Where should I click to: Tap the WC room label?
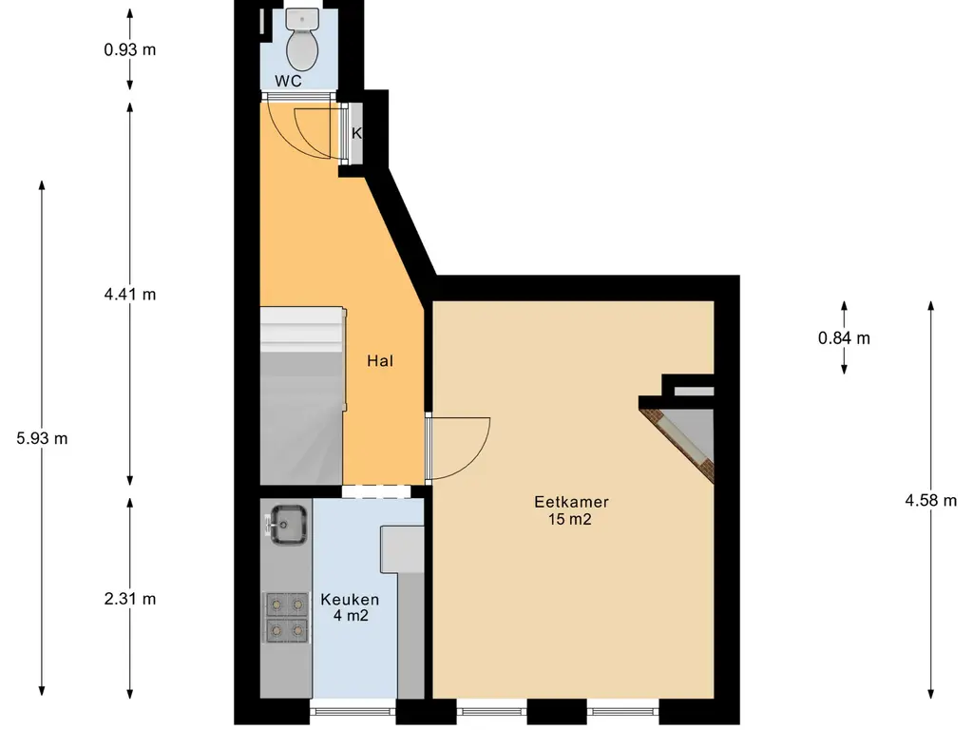coord(289,81)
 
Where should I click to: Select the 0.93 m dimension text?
coord(129,49)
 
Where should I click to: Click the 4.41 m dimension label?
coord(129,295)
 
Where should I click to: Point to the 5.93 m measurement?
coord(42,438)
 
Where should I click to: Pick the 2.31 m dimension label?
coord(129,599)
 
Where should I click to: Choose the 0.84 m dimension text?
coord(844,338)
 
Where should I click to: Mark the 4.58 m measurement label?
coord(931,500)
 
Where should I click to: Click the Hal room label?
coord(380,360)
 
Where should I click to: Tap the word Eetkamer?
coord(571,502)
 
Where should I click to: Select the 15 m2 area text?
coord(570,519)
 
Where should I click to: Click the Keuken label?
coord(350,600)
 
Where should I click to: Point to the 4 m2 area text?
coord(351,616)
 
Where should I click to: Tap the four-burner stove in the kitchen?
coord(287,618)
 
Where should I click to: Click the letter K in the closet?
coord(356,133)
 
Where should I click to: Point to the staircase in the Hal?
coord(302,395)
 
